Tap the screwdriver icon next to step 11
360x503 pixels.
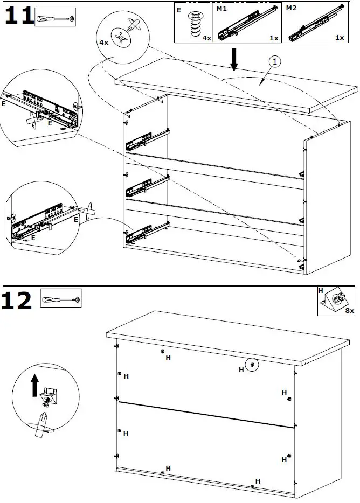click(x=56, y=18)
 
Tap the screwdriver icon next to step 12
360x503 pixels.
click(x=61, y=299)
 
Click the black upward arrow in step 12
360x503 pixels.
click(x=35, y=385)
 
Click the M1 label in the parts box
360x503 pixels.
click(x=221, y=9)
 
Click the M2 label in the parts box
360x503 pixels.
click(x=291, y=9)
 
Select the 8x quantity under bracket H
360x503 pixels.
click(x=349, y=311)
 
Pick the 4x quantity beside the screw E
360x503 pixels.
click(x=206, y=38)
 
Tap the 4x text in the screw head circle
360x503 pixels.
click(x=103, y=41)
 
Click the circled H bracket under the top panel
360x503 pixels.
click(x=252, y=365)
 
